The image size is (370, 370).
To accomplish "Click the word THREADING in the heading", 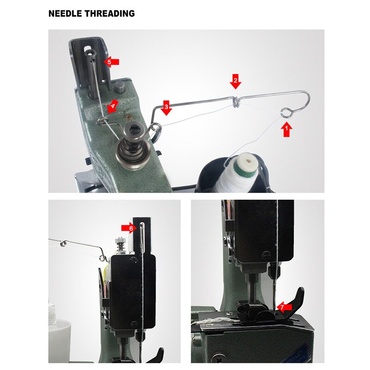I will coord(110,14).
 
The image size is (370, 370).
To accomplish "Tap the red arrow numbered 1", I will coord(287,129).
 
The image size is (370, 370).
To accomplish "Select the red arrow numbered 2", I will coord(235,81).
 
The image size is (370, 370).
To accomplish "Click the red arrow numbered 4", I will coord(112,105).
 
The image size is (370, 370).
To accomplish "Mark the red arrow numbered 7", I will coord(284,307).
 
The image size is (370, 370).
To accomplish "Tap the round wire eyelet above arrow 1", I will coord(287,111).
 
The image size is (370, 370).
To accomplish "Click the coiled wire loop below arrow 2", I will coord(235,100).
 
